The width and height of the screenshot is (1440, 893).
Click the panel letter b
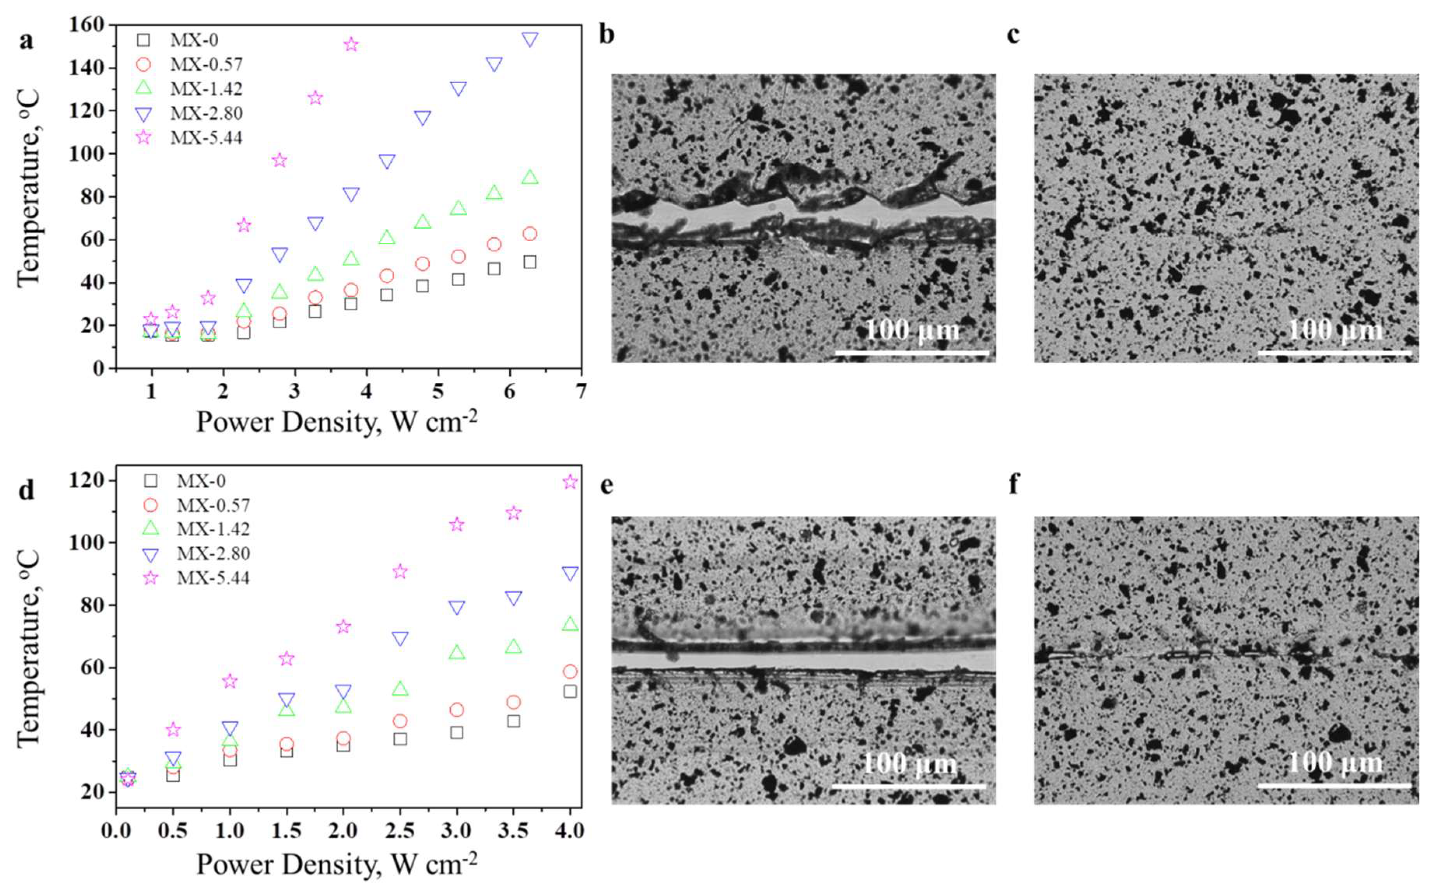(x=607, y=35)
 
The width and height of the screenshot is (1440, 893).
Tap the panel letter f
(x=1014, y=484)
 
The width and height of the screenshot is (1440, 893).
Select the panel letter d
(x=26, y=490)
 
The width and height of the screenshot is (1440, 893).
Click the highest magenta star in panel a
(x=351, y=45)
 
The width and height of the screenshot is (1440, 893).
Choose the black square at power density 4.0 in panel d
(x=570, y=692)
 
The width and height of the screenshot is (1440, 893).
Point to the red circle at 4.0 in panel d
(x=570, y=672)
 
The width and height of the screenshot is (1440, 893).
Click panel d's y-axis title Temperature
(x=28, y=650)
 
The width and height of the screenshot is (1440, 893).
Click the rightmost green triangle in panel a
(x=530, y=177)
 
